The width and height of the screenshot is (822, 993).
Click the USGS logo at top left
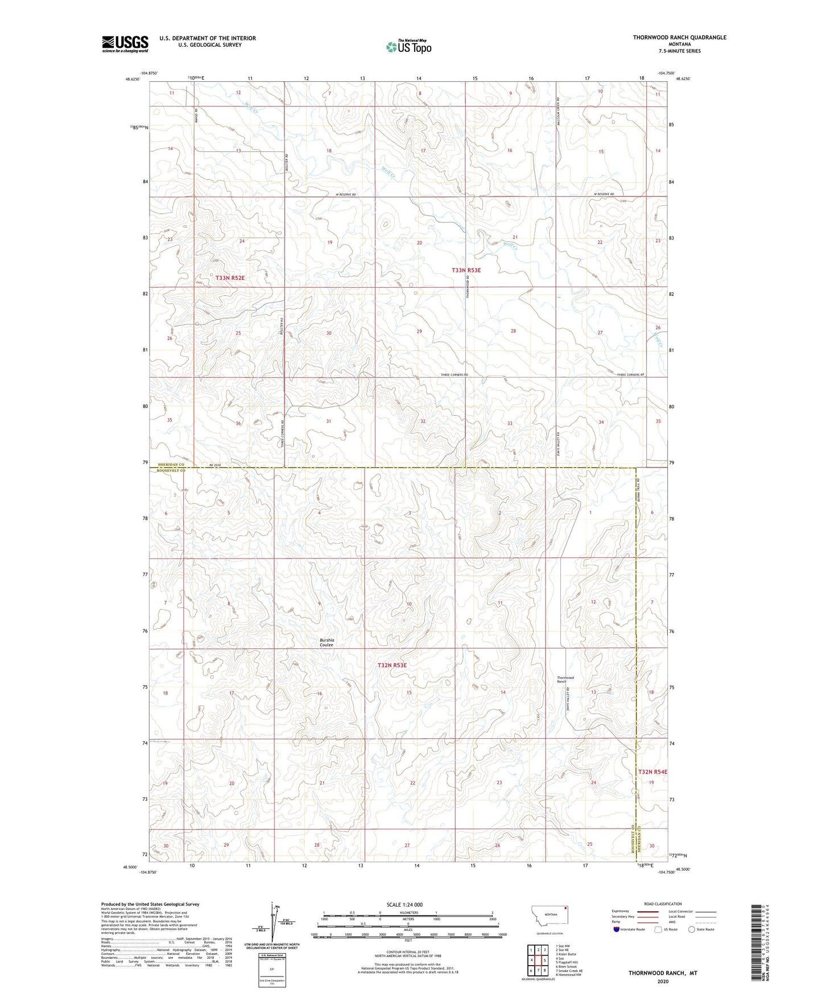click(125, 44)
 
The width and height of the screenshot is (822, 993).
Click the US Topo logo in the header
click(408, 47)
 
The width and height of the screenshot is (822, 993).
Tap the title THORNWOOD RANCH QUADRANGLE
click(679, 38)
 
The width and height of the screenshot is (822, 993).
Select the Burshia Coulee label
click(327, 643)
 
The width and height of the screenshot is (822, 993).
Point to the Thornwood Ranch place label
click(565, 680)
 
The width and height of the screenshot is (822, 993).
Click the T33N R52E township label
click(230, 278)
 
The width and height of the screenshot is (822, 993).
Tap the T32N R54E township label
click(652, 772)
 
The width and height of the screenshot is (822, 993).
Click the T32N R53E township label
click(393, 665)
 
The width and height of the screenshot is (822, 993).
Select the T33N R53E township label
click(466, 270)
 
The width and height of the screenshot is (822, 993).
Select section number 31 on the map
click(329, 421)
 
